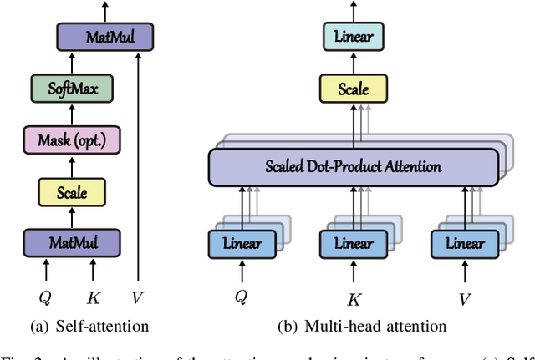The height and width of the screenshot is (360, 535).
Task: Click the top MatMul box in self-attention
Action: [x=106, y=37]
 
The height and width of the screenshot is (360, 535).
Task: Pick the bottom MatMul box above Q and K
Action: [x=71, y=244]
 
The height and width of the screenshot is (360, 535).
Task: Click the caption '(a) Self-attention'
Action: [x=89, y=324]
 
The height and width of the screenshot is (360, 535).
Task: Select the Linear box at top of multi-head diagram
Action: [x=354, y=37]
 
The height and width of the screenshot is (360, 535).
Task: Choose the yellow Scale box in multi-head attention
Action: [x=354, y=88]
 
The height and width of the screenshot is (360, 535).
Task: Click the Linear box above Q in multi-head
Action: [x=242, y=245]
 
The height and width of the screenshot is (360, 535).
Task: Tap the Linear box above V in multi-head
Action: [x=464, y=245]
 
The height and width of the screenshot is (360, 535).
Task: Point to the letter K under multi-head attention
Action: [x=355, y=298]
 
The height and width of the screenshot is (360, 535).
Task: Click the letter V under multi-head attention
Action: [x=465, y=298]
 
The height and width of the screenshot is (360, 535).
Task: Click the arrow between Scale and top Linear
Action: [x=354, y=62]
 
